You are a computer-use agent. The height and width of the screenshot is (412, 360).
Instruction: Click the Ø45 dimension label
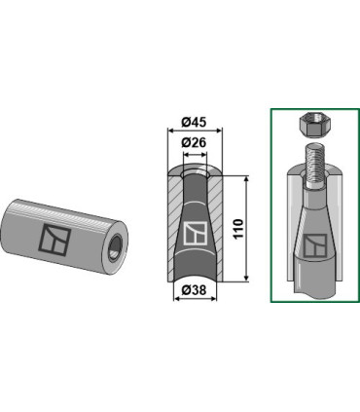pyautogui.click(x=194, y=123)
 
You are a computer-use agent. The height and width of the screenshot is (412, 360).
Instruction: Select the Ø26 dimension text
pyautogui.click(x=194, y=142)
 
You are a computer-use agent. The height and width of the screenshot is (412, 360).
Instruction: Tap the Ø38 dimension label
pyautogui.click(x=194, y=290)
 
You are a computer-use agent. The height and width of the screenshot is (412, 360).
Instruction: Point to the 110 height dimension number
pyautogui.click(x=238, y=229)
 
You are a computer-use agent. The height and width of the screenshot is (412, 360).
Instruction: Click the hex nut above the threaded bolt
pyautogui.click(x=309, y=125)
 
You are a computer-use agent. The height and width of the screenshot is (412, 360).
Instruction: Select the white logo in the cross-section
pyautogui.click(x=196, y=234)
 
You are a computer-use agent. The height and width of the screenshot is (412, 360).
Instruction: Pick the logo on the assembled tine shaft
pyautogui.click(x=315, y=245)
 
